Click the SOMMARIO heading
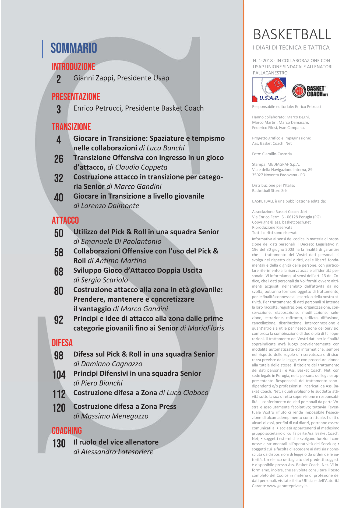pos(73,48)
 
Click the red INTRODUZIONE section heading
pos(73,67)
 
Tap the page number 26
pos(59,159)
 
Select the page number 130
pos(59,443)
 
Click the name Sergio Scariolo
pos(104,280)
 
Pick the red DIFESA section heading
pos(62,343)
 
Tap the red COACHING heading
pos(67,431)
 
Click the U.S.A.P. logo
pos(269,90)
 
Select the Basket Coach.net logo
pos(310,91)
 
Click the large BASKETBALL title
pos(292,35)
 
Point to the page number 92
pos(59,320)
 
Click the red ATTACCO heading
pos(65,220)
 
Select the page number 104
pos(59,375)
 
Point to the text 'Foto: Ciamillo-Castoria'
pos(272,154)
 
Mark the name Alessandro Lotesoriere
pos(117,452)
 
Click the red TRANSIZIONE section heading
pos(71,127)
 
